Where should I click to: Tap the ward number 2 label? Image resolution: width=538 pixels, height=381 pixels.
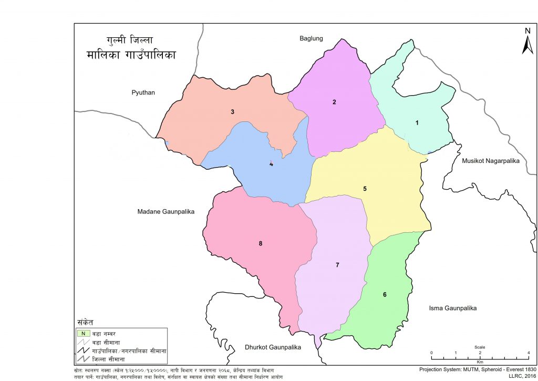coord(334,102)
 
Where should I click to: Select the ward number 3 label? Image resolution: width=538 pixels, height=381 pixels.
coord(232,111)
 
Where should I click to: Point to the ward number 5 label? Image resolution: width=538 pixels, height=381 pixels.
coord(364,188)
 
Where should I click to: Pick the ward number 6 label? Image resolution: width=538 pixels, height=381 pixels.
coord(385,294)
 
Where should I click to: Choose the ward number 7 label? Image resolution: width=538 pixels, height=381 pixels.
coord(337,265)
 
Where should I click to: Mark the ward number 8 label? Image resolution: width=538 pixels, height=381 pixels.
coord(260,243)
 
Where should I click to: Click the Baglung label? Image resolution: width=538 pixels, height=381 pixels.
coord(311,38)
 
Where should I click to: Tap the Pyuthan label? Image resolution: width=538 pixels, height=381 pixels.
coord(144,92)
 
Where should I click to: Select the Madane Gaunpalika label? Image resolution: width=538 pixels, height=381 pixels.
coord(165,211)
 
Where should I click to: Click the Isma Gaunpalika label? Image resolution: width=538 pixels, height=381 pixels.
coord(452,308)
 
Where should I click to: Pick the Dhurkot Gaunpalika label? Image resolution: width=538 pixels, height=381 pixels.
coord(272,348)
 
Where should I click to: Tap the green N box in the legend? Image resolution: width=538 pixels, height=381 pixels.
coord(82,333)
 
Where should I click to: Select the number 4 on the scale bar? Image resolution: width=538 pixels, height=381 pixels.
coord(528,353)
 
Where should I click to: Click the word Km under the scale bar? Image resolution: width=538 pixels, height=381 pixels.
coord(480,362)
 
